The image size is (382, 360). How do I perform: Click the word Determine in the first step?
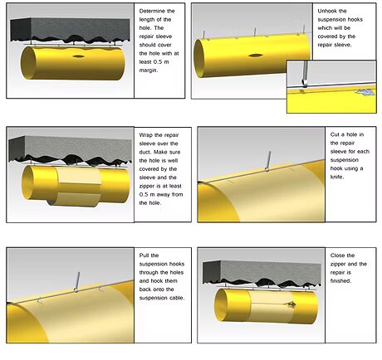(x=154, y=11)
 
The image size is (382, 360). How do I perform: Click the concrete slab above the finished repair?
(x=266, y=267)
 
